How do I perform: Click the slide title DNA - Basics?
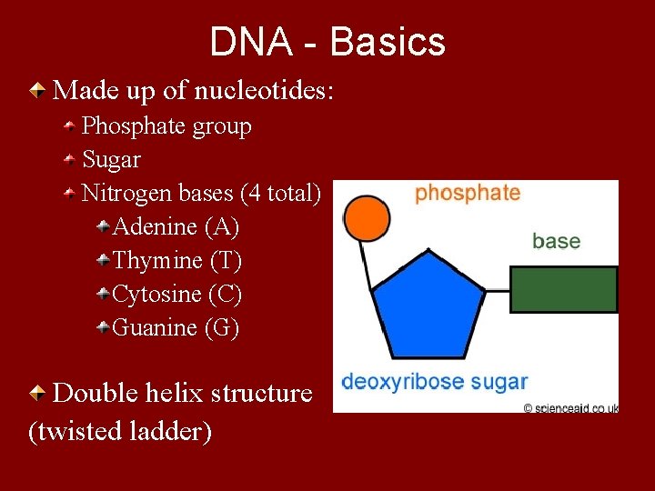point(327,42)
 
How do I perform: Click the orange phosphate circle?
point(364,218)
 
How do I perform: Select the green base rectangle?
point(563,290)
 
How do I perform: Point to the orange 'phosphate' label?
point(468,193)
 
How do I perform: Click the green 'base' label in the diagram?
point(556,241)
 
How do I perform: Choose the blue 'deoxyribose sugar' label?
point(434,381)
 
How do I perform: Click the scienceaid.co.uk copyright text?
point(571,408)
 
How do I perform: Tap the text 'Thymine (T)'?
point(176,261)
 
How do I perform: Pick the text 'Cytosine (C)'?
point(176,295)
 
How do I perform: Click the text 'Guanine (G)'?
point(176,327)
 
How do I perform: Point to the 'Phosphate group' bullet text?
point(166,126)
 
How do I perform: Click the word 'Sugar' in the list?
point(112,160)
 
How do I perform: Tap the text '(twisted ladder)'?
point(120,431)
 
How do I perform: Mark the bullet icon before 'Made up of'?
point(36,90)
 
